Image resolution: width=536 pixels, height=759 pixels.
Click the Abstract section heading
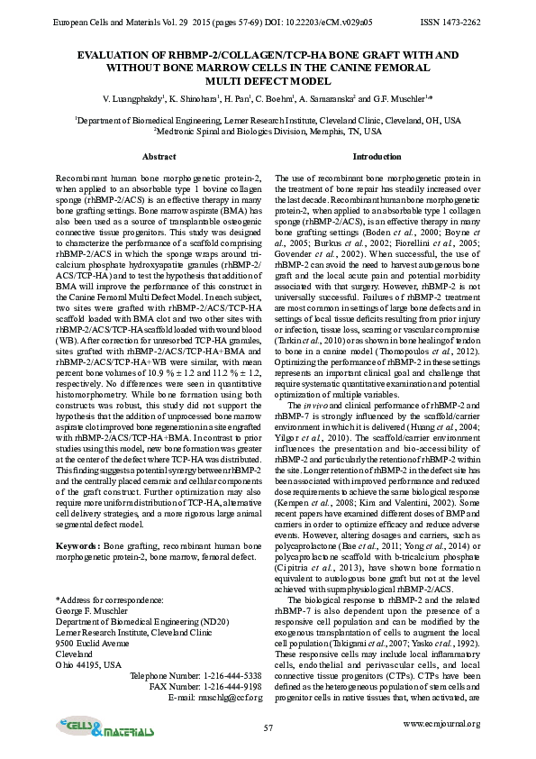coord(159,157)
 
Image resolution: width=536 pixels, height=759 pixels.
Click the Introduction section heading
coord(377,157)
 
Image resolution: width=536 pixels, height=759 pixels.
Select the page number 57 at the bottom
coord(268,727)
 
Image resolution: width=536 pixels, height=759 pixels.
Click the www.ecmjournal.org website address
coord(441,723)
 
